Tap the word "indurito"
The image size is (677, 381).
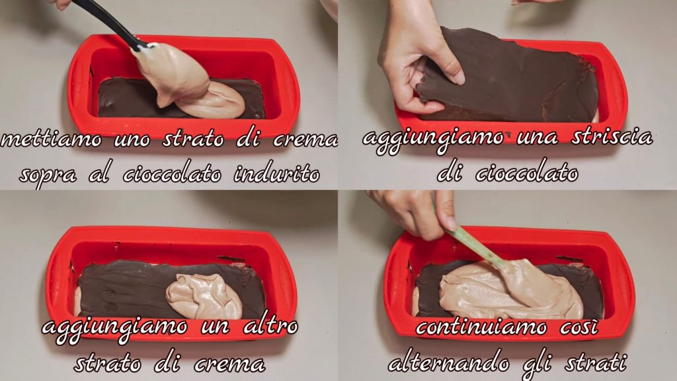[277, 174]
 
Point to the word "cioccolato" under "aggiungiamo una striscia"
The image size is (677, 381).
[527, 173]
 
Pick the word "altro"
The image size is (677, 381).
[270, 325]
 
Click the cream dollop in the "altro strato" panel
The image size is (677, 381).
[204, 296]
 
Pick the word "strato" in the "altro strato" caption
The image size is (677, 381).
[107, 363]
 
